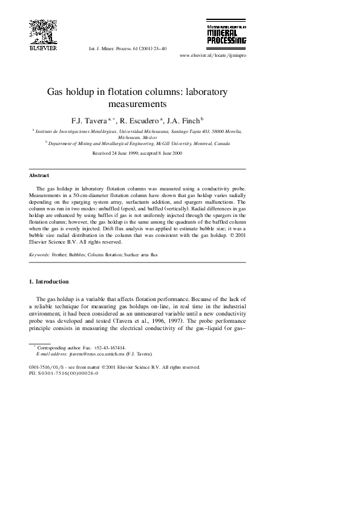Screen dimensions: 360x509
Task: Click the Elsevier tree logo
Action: coord(42,30)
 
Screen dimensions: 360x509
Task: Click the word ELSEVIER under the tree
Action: coord(42,48)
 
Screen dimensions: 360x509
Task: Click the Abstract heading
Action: coord(39,175)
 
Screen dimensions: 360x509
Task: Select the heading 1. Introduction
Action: coord(49,282)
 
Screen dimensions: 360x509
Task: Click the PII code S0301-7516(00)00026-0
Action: coord(68,373)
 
